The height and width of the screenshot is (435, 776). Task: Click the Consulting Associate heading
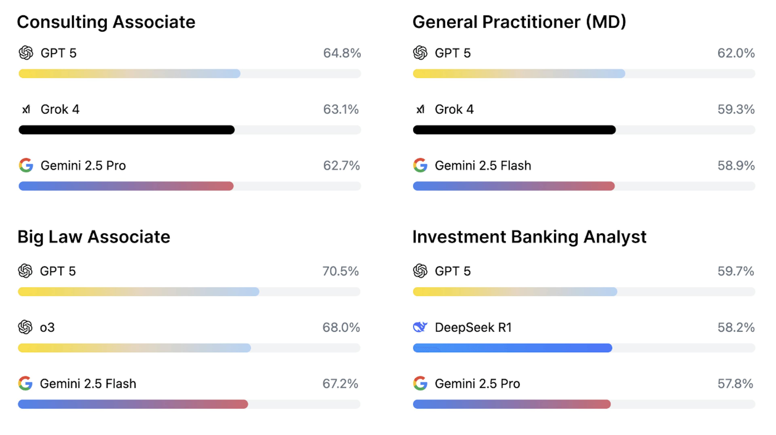pos(106,22)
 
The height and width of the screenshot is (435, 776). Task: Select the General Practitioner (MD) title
pos(519,22)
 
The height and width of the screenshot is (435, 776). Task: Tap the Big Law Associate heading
pos(94,237)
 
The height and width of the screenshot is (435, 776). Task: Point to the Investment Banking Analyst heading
pos(529,237)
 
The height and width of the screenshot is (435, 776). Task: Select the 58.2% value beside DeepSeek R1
pos(736,327)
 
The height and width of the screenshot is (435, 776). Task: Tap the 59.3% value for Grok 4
pos(736,109)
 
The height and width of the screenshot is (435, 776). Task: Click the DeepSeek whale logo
pos(420,327)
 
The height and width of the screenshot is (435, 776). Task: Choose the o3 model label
pos(47,327)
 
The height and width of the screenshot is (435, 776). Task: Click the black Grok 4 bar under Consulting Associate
pos(127,130)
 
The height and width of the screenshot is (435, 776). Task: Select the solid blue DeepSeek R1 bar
pos(512,348)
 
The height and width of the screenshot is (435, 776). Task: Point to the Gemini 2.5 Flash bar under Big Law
pos(133,404)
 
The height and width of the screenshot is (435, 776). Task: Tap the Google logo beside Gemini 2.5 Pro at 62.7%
pos(26,165)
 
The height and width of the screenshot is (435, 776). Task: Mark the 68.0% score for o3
pos(341,327)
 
